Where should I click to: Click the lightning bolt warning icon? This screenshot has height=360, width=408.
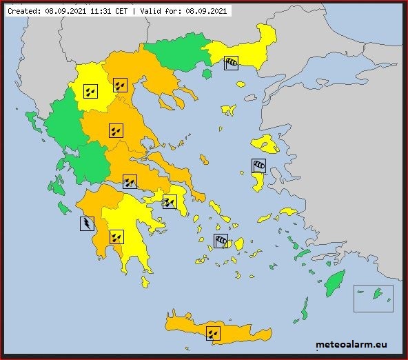tap(87, 223)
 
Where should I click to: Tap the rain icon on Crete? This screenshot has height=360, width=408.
tap(214, 333)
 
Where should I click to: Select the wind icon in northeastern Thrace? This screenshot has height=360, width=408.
tap(231, 63)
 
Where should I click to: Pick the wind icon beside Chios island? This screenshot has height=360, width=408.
tap(258, 166)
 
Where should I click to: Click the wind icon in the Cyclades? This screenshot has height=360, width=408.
tap(221, 241)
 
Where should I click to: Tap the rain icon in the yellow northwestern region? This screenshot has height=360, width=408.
tap(90, 90)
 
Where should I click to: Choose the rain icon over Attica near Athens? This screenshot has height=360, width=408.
tap(170, 201)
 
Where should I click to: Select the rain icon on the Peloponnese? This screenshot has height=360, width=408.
tap(116, 237)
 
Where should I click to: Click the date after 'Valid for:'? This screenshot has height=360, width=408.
tap(208, 11)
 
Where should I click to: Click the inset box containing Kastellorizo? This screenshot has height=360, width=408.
tap(373, 298)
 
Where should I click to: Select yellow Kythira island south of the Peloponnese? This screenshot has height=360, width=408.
tap(145, 281)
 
